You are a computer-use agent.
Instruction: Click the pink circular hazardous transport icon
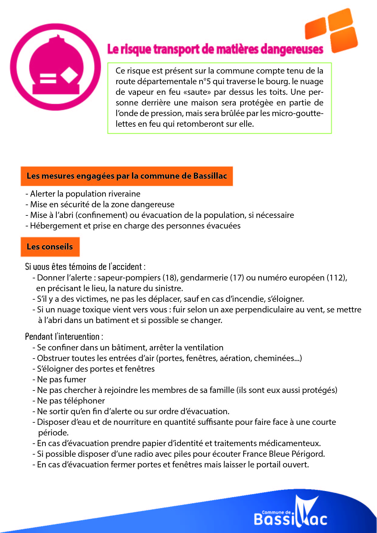(55, 67)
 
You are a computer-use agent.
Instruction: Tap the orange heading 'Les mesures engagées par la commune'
(126, 176)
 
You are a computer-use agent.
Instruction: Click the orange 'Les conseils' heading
(50, 247)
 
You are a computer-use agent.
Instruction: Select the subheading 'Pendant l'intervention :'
(64, 337)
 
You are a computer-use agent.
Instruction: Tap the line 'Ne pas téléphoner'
(71, 401)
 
